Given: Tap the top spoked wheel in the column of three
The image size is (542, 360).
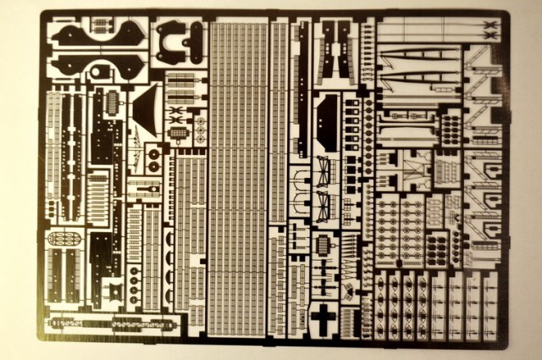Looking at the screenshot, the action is click(133, 273).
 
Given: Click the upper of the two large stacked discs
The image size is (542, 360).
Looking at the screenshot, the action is click(153, 152).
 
